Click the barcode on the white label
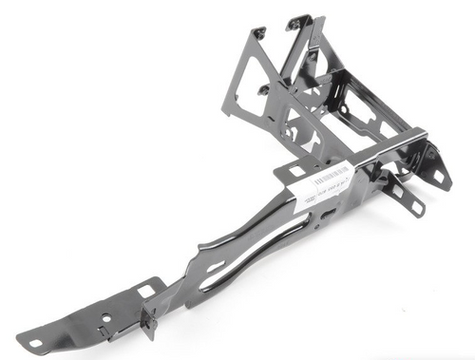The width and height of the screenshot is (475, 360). pos(332,178)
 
